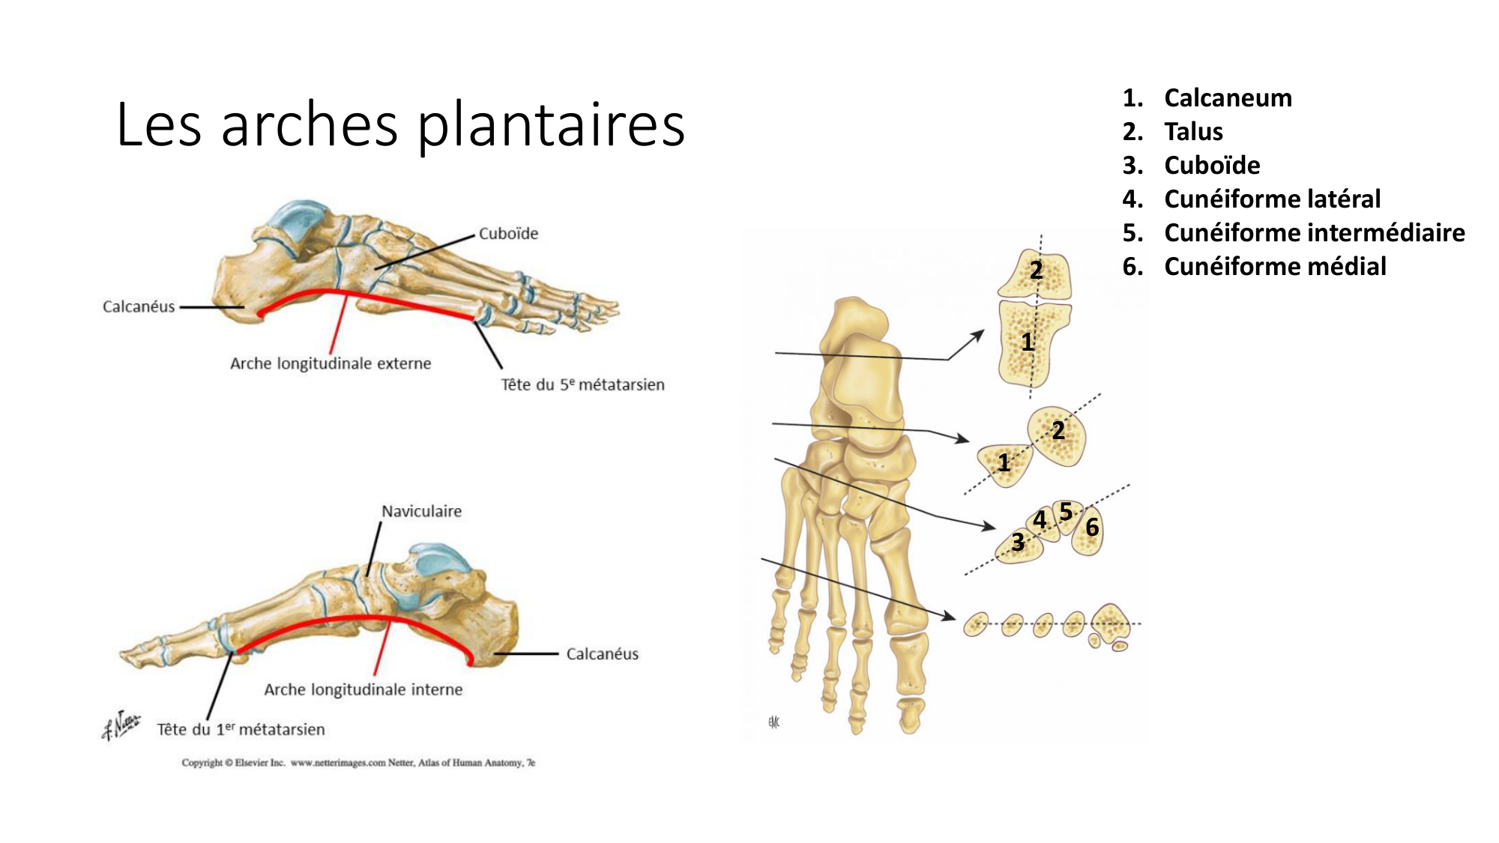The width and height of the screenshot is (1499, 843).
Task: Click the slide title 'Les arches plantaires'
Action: [400, 124]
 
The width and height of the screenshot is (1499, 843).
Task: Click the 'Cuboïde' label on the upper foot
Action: [508, 234]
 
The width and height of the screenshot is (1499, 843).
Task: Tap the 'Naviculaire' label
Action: [421, 511]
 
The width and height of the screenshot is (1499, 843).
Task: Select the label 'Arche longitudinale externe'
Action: [331, 363]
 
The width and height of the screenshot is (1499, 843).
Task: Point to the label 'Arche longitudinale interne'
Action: [364, 689]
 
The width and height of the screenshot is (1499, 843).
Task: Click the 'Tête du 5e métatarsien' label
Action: [582, 384]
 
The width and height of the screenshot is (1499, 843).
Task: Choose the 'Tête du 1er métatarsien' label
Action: [241, 729]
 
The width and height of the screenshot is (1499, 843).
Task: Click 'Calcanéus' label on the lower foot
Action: [602, 654]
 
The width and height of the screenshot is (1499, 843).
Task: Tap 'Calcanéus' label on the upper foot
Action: [139, 306]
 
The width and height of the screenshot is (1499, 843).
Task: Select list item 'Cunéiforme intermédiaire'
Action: [1314, 233]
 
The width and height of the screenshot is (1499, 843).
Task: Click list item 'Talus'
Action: [1193, 132]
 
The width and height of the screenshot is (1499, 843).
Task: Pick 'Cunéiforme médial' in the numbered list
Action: [1275, 267]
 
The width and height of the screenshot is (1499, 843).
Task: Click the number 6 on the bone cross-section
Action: [1092, 528]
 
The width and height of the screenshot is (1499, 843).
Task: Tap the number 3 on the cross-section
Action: [1018, 542]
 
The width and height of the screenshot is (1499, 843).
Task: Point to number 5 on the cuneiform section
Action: [1066, 513]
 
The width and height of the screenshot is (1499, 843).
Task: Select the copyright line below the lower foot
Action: [358, 763]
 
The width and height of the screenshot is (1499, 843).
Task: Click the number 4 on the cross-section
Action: [1040, 519]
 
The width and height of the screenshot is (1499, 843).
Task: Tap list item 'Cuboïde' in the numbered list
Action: [1212, 166]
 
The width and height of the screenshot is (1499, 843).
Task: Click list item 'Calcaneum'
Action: [1228, 98]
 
